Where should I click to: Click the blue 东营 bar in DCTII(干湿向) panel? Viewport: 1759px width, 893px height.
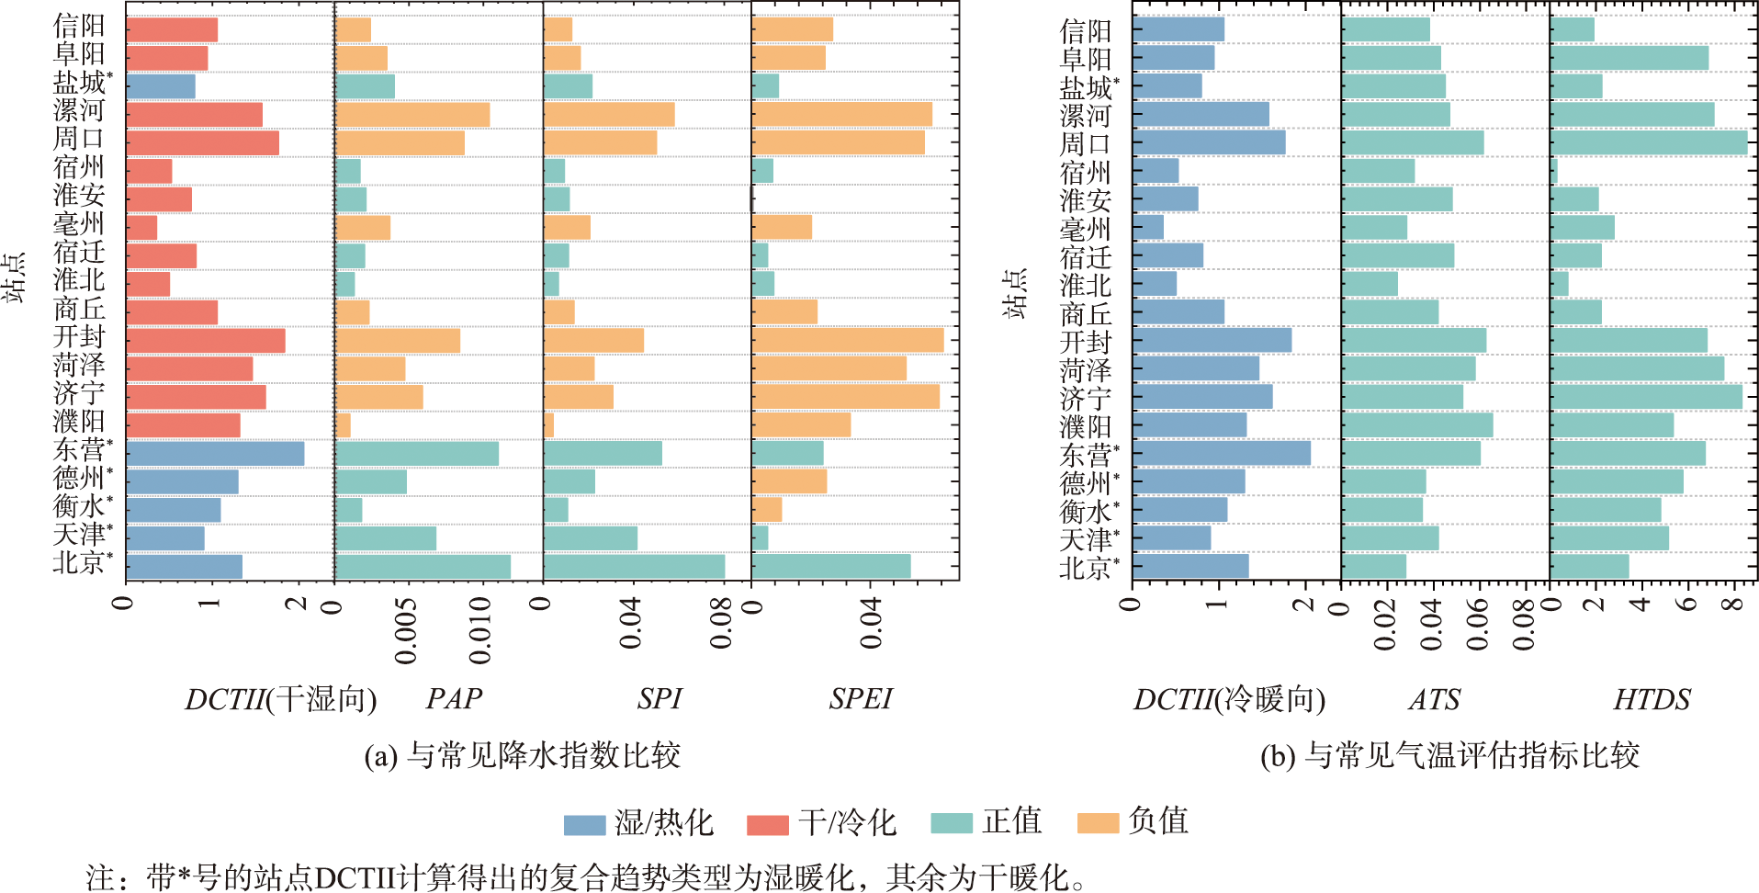215,454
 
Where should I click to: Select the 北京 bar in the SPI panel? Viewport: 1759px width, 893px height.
634,567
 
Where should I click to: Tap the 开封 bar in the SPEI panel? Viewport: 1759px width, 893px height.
847,341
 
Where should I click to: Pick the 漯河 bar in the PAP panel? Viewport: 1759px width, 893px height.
412,115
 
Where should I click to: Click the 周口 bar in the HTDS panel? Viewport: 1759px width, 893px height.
1649,143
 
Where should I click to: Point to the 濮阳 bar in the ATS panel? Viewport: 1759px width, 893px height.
1417,425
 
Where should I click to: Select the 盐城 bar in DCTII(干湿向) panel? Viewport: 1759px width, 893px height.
161,86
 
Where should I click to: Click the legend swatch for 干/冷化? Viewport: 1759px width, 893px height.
768,824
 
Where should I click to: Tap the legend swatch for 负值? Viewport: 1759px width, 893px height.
1098,823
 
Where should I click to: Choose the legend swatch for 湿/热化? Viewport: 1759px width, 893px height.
584,824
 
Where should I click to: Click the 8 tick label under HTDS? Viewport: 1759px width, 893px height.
1732,604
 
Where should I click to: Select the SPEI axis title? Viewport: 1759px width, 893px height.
860,699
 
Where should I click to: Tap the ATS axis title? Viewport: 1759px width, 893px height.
1434,700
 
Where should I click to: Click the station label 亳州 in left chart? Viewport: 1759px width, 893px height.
79,223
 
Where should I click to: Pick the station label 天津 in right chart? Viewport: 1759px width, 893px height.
1086,539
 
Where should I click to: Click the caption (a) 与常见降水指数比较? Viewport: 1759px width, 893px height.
522,756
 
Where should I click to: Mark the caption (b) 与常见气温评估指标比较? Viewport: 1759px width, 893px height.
1449,756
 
